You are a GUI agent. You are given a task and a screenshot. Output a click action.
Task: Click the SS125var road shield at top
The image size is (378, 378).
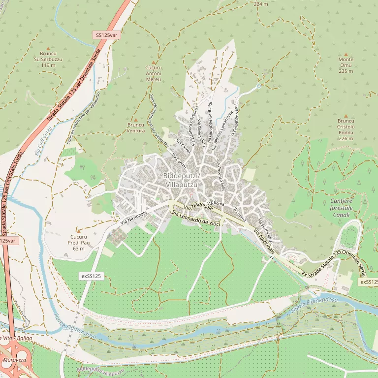(x=106, y=35)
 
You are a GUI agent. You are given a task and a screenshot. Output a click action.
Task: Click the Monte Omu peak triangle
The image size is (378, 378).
(x=346, y=54)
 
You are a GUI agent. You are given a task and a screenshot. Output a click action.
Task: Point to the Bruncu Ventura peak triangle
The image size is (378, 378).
(x=136, y=118)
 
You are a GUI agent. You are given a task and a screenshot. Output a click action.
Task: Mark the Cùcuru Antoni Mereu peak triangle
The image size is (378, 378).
(x=154, y=63)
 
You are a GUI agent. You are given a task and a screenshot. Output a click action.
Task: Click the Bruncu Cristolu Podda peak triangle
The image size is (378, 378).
(x=346, y=114)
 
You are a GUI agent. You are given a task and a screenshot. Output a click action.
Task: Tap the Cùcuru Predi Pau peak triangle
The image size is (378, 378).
(x=78, y=230)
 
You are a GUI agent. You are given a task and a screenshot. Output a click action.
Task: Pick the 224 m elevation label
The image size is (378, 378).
(x=261, y=4)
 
